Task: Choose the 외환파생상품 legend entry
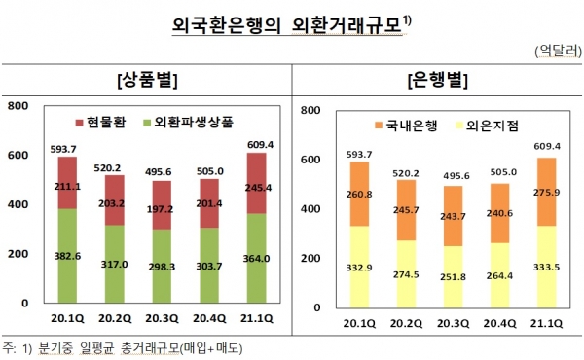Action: (x=187, y=124)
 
